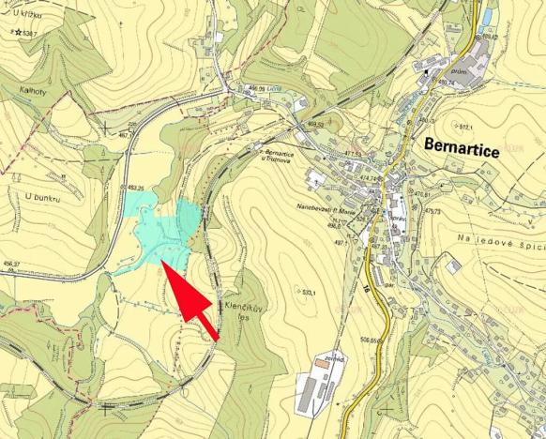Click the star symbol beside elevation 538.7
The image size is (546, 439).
pyautogui.click(x=18, y=32)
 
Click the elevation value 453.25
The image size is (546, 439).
pyautogui.click(x=135, y=189)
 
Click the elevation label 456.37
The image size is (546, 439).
pyautogui.click(x=11, y=264)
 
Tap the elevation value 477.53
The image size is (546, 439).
pyautogui.click(x=353, y=154)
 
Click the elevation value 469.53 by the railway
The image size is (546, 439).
pyautogui.click(x=316, y=124)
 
